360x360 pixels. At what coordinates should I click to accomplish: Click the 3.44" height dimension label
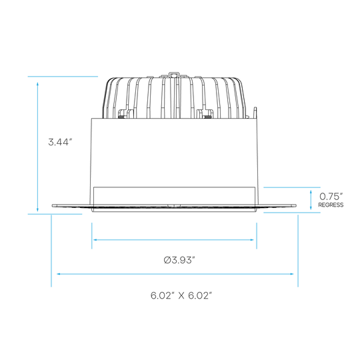point(59,142)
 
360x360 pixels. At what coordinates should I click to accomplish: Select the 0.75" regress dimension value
point(331,197)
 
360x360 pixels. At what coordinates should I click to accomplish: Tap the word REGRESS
point(331,205)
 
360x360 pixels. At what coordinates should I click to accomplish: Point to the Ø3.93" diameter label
point(179,261)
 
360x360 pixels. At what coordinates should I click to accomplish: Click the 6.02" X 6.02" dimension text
point(181,295)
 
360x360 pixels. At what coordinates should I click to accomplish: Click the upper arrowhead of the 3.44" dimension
point(37,83)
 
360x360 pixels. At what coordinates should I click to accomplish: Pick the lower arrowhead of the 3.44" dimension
point(37,209)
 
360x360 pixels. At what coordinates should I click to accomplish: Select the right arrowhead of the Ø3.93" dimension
point(251,240)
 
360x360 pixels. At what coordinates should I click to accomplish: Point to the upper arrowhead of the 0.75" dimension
point(311,192)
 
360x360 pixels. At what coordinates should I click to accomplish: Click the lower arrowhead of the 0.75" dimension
point(311,207)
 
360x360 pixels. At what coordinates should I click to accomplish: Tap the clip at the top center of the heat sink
point(174,75)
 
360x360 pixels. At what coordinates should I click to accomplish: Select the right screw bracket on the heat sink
point(205,113)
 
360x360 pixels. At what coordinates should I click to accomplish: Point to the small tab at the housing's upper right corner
point(255,113)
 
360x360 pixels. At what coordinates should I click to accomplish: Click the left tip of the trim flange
point(53,206)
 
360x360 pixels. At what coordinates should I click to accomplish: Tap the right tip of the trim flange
point(296,206)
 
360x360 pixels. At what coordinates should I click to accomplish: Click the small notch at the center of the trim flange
point(174,206)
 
